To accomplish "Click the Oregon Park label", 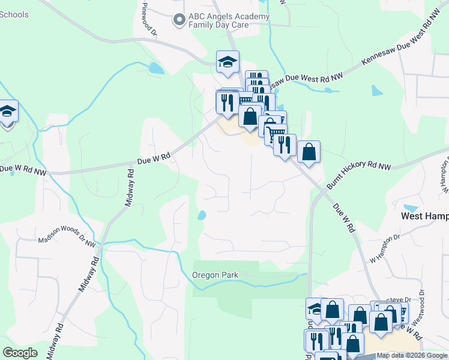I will [x=215, y=275].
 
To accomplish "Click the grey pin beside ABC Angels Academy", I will [x=178, y=20].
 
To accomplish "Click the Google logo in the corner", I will [x=20, y=353].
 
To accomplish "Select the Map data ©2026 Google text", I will [x=412, y=356].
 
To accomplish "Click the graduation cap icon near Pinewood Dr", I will [x=228, y=62].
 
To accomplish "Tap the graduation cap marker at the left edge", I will [x=7, y=112].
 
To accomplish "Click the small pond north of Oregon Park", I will [x=202, y=215].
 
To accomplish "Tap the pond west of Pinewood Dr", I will [x=155, y=68].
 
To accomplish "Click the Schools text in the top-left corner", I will [x=14, y=14].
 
